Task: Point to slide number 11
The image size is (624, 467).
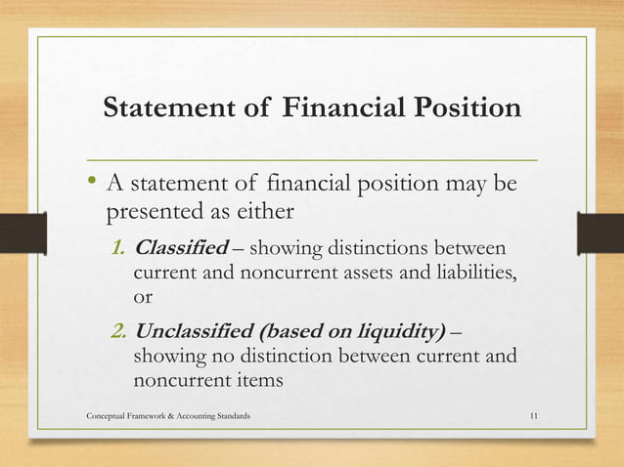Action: pyautogui.click(x=532, y=417)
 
